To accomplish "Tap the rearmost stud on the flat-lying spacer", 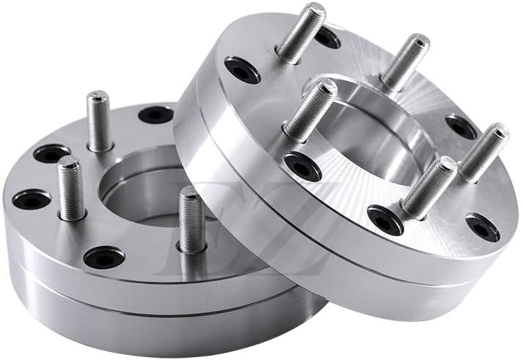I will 99,121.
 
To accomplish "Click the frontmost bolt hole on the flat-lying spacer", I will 104,257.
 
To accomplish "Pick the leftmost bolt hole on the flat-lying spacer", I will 32,199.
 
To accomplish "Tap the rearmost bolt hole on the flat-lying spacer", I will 156,114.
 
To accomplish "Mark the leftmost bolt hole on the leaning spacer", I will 241,70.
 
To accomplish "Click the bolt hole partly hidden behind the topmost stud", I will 326,37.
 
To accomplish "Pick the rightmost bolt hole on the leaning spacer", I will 482,227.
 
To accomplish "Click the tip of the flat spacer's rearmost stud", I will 98,97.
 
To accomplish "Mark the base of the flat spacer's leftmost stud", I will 73,214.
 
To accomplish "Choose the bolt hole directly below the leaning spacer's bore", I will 385,218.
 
